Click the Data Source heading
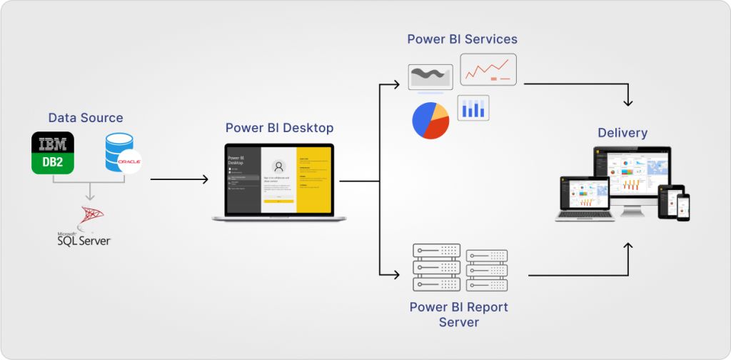86,118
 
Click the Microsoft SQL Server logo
85,225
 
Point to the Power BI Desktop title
279,129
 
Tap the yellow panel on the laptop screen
313,178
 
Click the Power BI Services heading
462,39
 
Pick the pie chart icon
430,120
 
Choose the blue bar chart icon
473,107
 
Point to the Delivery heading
622,133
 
